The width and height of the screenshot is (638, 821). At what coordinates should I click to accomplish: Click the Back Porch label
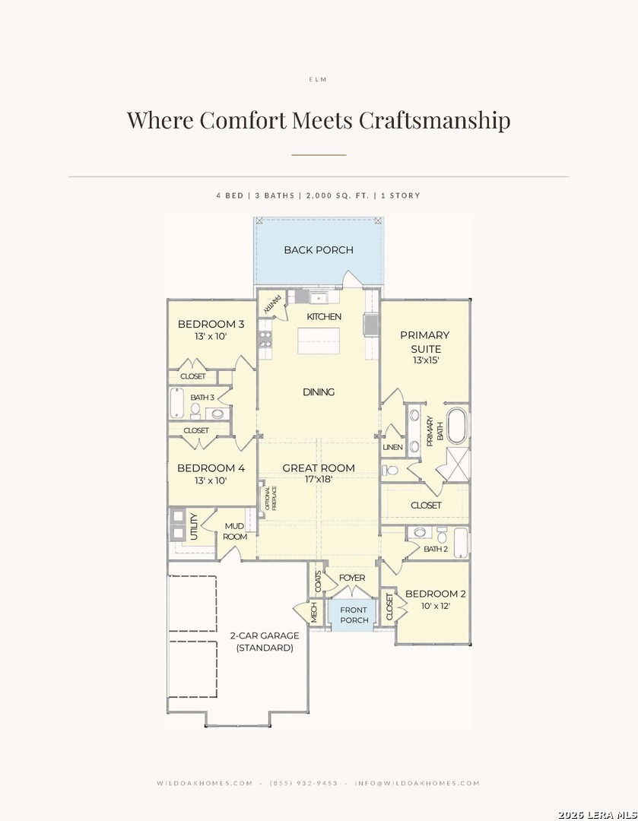click(319, 250)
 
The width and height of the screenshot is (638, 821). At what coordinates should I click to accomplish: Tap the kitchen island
click(319, 341)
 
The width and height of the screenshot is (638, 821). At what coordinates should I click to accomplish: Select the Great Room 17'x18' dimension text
click(319, 479)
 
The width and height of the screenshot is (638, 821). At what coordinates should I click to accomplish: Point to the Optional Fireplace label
click(271, 498)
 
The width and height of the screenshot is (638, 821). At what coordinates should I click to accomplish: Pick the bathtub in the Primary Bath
click(456, 426)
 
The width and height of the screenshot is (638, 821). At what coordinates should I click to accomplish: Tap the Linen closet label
click(393, 447)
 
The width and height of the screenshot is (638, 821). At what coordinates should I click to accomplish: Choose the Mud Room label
click(235, 531)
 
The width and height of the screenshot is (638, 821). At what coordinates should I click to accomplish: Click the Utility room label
click(194, 526)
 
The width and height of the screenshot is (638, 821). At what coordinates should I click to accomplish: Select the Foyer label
click(352, 578)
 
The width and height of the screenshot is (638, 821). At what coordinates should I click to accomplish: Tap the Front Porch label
click(354, 615)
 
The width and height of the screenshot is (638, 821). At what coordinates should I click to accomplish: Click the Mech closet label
click(314, 613)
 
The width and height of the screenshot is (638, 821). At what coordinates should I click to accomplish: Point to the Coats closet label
click(317, 582)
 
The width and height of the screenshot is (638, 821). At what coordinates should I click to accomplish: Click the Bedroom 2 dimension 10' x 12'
click(435, 606)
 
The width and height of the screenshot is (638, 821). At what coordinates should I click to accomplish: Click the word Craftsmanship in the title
click(434, 120)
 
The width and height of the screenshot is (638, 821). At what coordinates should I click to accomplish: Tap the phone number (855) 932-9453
click(304, 783)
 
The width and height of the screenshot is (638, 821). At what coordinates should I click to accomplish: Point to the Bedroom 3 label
click(211, 324)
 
